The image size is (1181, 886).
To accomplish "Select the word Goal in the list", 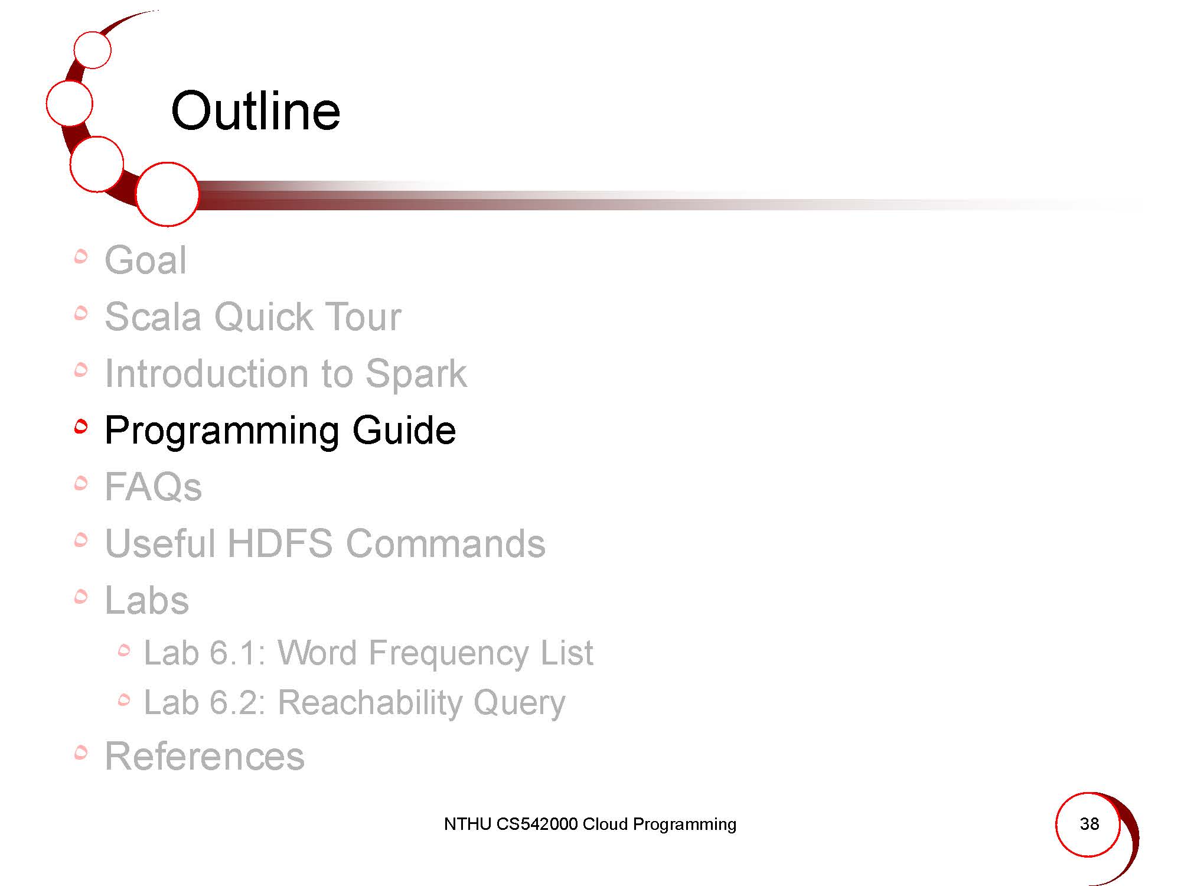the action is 146,260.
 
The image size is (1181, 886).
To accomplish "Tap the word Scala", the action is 153,317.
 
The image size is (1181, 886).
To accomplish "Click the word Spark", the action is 416,374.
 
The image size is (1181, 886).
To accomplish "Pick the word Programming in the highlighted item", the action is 221,431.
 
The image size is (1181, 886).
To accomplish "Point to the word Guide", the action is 404,430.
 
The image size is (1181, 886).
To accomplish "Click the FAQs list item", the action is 153,487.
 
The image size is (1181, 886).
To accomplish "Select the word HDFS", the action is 280,543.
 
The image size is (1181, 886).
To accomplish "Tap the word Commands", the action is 445,543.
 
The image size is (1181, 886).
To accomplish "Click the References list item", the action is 204,756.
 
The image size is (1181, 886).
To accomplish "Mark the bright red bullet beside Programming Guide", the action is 81,426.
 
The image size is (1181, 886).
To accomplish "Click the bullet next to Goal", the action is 81,256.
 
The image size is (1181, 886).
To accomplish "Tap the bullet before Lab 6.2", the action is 123,701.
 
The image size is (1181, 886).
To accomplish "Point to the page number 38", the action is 1089,823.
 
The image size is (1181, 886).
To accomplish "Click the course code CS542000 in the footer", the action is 537,824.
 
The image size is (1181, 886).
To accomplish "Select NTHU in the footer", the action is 467,824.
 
